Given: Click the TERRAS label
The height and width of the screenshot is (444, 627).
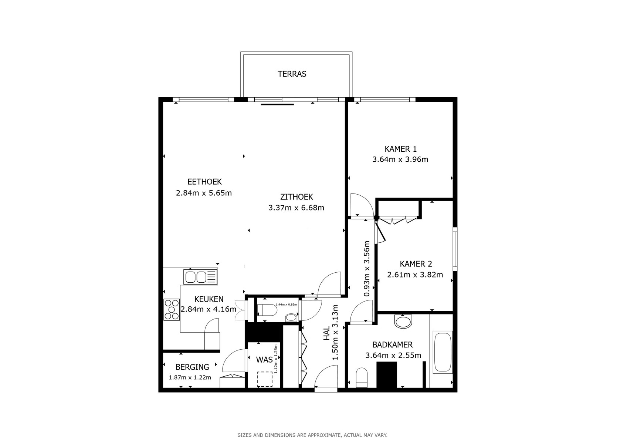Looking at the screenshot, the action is pyautogui.click(x=292, y=74).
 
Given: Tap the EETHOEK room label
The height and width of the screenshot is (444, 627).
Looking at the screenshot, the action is pyautogui.click(x=204, y=182).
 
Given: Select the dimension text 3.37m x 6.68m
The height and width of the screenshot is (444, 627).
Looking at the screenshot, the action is pyautogui.click(x=296, y=208).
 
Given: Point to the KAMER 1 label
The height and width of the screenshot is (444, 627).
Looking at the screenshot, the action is pyautogui.click(x=400, y=149).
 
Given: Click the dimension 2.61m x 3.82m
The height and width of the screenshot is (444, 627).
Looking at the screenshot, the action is pyautogui.click(x=415, y=275).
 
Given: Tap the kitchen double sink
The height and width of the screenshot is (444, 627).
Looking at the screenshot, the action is pyautogui.click(x=201, y=277).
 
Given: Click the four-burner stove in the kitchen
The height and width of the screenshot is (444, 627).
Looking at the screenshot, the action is pyautogui.click(x=172, y=310).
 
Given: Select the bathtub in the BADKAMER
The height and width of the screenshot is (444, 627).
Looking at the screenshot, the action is pyautogui.click(x=443, y=352).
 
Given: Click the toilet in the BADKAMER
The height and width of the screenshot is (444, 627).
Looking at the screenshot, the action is pyautogui.click(x=362, y=378).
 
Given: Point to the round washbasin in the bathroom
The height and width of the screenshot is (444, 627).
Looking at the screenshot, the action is pyautogui.click(x=403, y=321).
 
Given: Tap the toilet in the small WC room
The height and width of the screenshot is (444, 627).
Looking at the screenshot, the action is pyautogui.click(x=267, y=310).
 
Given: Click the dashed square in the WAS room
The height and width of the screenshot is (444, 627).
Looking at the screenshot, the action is pyautogui.click(x=265, y=379).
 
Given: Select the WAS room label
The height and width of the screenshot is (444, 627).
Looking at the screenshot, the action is pyautogui.click(x=264, y=360).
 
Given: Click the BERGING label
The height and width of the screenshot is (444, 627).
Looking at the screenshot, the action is pyautogui.click(x=192, y=367).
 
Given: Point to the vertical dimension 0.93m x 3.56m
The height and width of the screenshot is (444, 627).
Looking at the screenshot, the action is pyautogui.click(x=367, y=269).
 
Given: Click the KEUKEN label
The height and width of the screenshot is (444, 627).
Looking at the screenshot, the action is pyautogui.click(x=209, y=299).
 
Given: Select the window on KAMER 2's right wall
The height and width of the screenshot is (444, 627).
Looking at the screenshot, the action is pyautogui.click(x=455, y=249).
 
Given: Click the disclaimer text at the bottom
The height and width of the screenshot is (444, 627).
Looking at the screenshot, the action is pyautogui.click(x=312, y=435).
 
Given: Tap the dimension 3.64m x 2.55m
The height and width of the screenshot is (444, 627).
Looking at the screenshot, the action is pyautogui.click(x=393, y=356).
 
